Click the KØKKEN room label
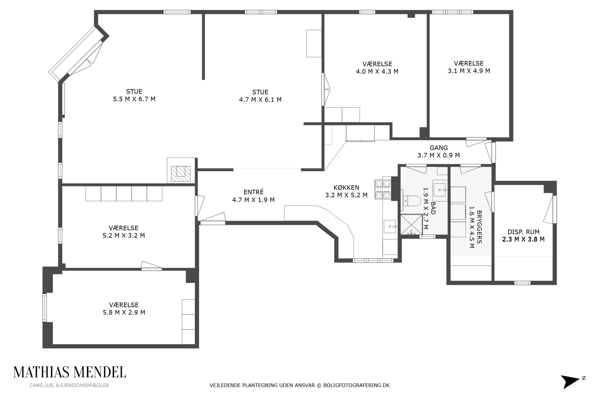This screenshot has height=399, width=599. coord(346,188)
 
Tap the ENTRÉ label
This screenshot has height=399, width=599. coord(254,192)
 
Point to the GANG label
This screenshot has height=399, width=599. coord(439,148)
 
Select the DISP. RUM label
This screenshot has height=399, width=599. coord(523,232)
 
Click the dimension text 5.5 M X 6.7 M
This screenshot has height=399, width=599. coord(134,99)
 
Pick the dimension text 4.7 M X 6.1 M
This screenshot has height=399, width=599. coord(260,100)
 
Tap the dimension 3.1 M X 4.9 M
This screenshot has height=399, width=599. coord(469,71)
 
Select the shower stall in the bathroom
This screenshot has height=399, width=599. coord(411,225)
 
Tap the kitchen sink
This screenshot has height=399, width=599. coord(390,227)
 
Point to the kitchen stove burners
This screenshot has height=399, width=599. coord(383,189)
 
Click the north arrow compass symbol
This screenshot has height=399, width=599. coord(571,381)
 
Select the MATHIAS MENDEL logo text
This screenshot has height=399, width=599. coord(70,372)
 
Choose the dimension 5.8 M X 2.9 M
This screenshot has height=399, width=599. coord(124,313)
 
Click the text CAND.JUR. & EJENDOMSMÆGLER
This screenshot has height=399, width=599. coord(69,385)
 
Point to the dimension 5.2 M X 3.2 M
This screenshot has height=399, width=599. coord(123,236)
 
